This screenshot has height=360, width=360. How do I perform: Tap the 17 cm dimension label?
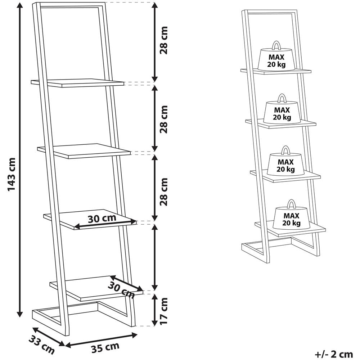point(164,311)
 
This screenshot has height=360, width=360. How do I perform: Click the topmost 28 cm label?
point(164,40)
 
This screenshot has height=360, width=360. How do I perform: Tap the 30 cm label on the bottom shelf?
point(121,290)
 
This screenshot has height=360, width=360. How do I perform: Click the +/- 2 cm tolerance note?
point(334,354)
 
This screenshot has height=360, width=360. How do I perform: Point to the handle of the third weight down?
point(285,150)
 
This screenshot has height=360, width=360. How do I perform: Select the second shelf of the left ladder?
point(84,151)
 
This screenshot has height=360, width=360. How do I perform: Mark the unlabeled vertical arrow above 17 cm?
point(155,257)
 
